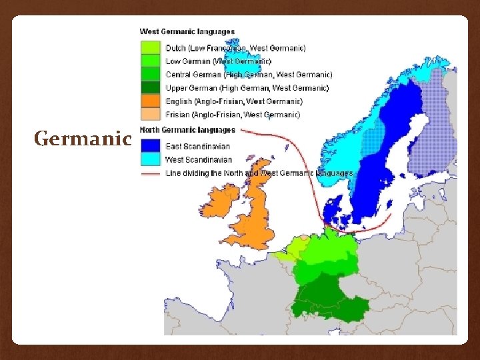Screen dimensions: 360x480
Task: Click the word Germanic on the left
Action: (83, 139)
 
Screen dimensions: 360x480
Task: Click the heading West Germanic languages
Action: (187, 31)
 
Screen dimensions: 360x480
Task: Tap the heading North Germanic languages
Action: (187, 130)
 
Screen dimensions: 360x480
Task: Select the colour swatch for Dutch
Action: (150, 48)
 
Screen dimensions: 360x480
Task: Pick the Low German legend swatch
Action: (150, 61)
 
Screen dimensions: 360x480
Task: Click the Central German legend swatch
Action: (150, 75)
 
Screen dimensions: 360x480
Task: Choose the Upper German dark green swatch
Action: (150, 87)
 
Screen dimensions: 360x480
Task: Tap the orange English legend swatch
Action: (150, 101)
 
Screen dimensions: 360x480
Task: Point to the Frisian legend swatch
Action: (150, 114)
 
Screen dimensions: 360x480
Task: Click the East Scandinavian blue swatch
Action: (150, 146)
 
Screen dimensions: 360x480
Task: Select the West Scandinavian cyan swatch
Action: (150, 159)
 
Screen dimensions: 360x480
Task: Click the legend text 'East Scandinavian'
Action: (197, 147)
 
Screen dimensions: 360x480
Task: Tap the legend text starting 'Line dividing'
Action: (259, 173)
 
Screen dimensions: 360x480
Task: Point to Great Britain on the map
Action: (257, 213)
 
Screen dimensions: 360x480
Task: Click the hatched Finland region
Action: (437, 133)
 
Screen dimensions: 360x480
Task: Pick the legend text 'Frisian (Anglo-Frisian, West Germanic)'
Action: (233, 115)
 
